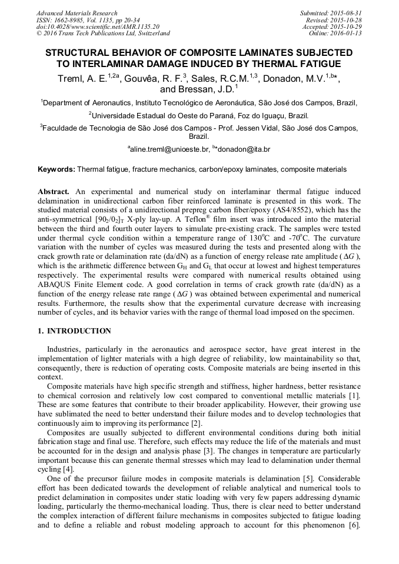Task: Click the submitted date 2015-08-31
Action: tap(346, 13)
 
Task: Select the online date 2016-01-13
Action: tap(346, 34)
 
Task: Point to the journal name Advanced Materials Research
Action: tap(77, 13)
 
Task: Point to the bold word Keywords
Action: tap(56, 169)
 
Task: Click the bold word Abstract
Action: tap(54, 192)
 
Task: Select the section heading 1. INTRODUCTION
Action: tap(74, 331)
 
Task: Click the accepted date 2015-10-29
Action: tap(346, 26)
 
